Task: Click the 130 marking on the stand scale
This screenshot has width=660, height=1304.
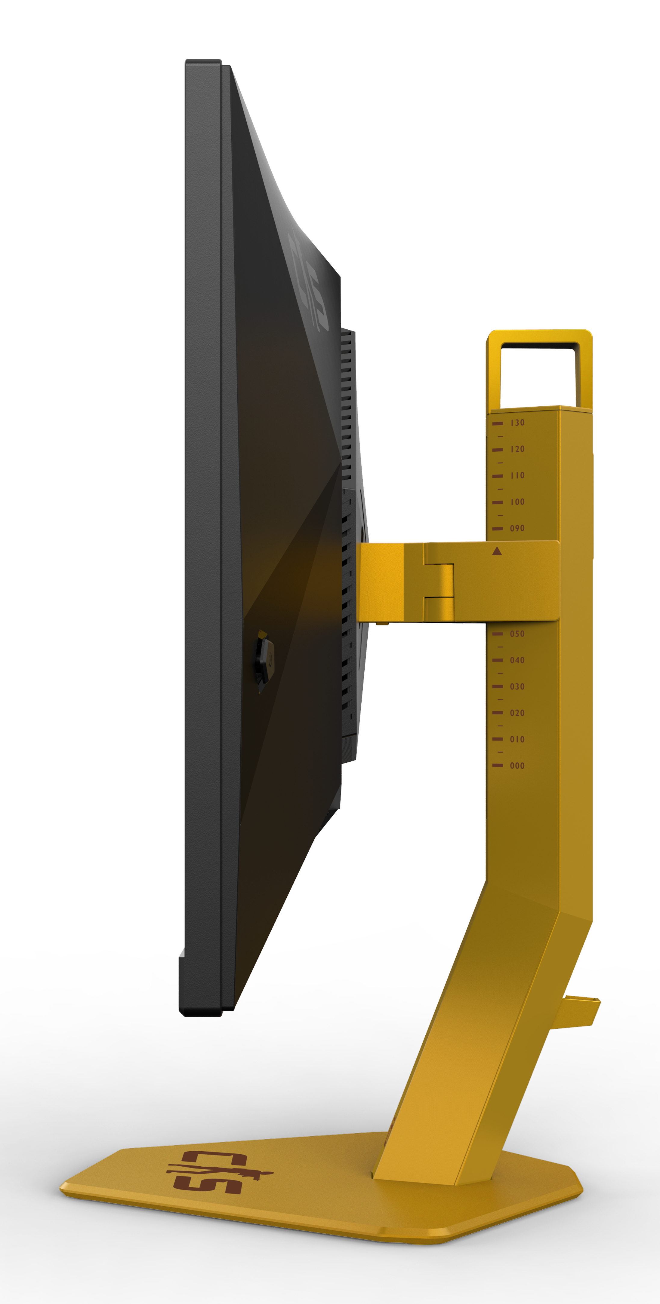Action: (x=517, y=423)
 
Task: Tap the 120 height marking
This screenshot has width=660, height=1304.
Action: (x=517, y=449)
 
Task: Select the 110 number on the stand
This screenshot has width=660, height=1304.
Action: (x=517, y=475)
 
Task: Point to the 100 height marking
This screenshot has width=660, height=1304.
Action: (x=517, y=502)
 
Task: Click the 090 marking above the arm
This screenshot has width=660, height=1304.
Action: (x=517, y=528)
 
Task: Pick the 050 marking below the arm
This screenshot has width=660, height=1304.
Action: (x=517, y=634)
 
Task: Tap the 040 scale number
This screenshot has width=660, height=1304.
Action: (x=517, y=660)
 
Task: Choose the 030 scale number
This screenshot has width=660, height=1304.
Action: (x=517, y=686)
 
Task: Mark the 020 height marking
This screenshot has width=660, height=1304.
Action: (x=517, y=713)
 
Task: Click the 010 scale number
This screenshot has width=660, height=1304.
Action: (x=517, y=739)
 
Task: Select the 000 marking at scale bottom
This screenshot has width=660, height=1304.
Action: (x=517, y=765)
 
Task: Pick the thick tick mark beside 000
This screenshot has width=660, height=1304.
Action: (x=497, y=765)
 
